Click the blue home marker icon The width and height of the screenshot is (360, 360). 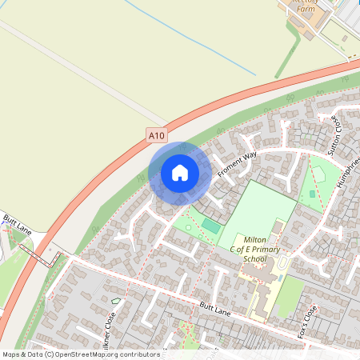[x=180, y=173]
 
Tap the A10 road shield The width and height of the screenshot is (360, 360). [x=157, y=137]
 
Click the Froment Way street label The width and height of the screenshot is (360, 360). [x=236, y=163]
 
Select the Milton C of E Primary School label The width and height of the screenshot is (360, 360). [x=254, y=250]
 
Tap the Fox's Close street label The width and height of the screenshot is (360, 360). [x=307, y=320]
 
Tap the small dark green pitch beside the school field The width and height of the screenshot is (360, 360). [x=210, y=227]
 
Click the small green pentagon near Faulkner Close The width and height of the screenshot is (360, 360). [x=116, y=301]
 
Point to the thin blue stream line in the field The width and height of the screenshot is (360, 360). [x=192, y=40]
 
